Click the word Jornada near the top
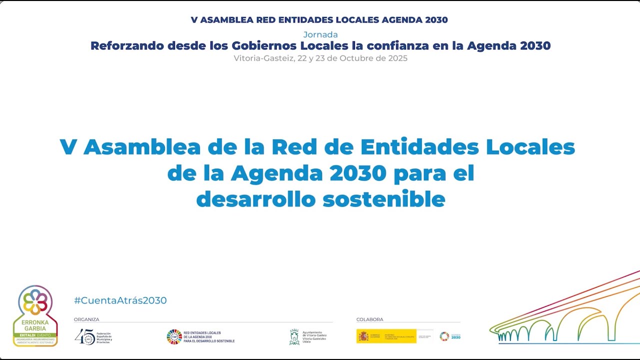click(x=320, y=34)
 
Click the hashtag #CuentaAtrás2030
click(x=120, y=300)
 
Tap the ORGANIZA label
click(x=86, y=319)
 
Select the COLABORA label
click(x=369, y=319)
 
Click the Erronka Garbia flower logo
click(x=35, y=302)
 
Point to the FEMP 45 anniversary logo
click(x=84, y=337)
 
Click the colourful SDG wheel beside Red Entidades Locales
click(x=174, y=337)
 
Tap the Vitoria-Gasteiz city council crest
click(x=294, y=337)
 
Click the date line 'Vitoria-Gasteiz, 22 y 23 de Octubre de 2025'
click(x=320, y=58)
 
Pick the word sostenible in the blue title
click(x=383, y=199)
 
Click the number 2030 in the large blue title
click(x=358, y=173)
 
